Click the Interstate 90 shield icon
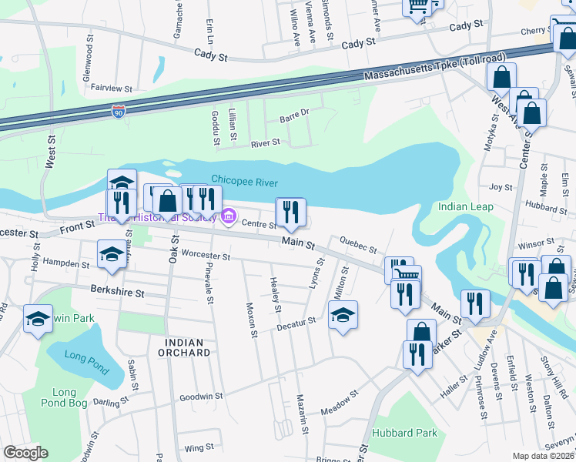[x=118, y=112]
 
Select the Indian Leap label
[x=463, y=207]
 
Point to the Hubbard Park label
[x=404, y=433]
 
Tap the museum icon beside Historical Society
[x=228, y=218]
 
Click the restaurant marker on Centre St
[x=290, y=212]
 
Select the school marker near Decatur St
[x=343, y=314]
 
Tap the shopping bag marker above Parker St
[x=420, y=333]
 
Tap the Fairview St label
[x=112, y=88]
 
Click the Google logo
[x=25, y=453]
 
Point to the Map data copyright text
[x=543, y=456]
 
